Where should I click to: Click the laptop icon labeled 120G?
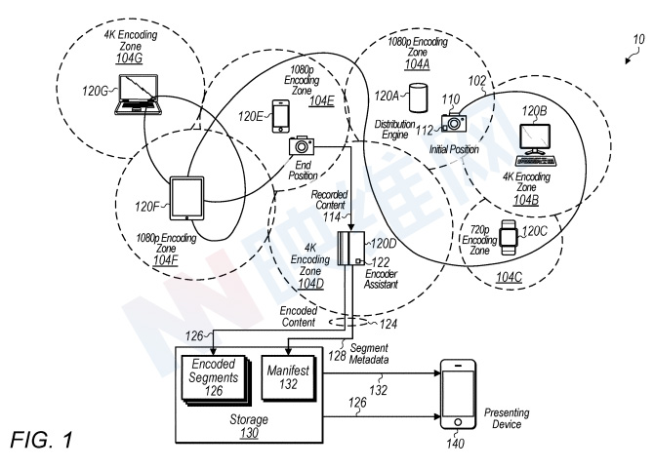point(138,95)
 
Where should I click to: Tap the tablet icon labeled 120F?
point(186,198)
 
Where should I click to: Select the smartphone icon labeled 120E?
point(281,116)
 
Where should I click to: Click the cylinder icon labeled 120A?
point(418,98)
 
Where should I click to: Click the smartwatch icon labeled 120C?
point(509,237)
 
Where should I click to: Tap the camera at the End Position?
point(302,145)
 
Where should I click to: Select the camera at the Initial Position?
point(454,123)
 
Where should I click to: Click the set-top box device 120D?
point(350,249)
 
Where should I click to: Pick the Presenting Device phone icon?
point(458,394)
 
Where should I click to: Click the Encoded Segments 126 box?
point(216,380)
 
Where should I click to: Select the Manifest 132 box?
point(288,377)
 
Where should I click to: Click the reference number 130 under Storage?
point(249,433)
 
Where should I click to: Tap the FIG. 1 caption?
point(41,440)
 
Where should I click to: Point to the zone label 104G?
point(129,58)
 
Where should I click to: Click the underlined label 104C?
point(509,277)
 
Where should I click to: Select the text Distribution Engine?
point(394,130)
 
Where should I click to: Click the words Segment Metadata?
point(369,354)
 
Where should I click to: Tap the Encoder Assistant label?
point(381,279)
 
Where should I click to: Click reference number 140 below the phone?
point(455,444)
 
